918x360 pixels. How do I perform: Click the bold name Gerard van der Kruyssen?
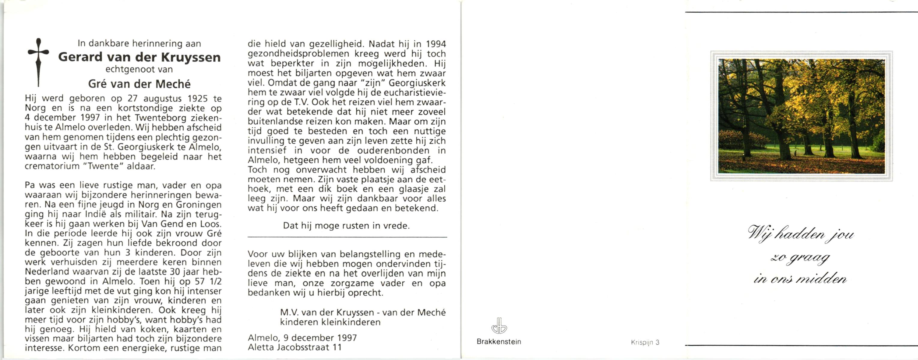[x=139, y=57]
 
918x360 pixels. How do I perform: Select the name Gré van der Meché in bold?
[x=139, y=84]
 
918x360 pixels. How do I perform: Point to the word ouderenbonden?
[x=393, y=150]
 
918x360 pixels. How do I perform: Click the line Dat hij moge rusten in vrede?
[x=346, y=226]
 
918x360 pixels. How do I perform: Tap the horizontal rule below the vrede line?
[x=347, y=237]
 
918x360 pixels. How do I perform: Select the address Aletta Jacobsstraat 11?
[x=295, y=347]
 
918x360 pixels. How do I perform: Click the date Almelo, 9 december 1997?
[x=302, y=337]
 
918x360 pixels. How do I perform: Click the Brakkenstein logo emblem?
[x=499, y=326]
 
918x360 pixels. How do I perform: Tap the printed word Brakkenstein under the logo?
[x=499, y=342]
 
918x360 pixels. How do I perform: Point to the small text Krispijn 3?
[x=645, y=343]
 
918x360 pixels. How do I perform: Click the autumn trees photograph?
[x=801, y=116]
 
